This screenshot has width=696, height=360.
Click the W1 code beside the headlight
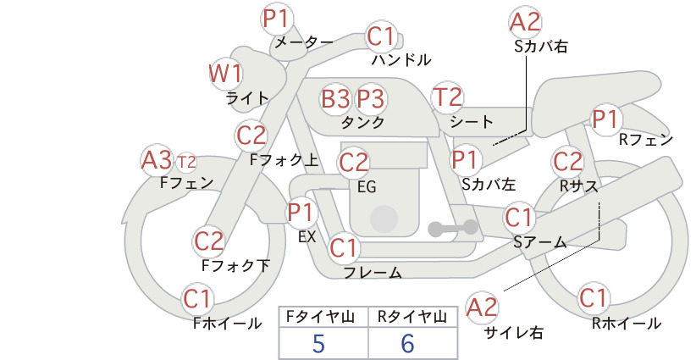226,74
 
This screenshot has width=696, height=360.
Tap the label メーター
304,42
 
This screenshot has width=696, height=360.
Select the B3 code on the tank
335,98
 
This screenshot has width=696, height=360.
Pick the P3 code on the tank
371,98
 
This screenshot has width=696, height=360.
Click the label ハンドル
401,59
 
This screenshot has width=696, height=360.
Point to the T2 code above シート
447,97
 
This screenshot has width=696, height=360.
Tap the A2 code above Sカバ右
525,22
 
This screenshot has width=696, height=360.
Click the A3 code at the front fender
157,160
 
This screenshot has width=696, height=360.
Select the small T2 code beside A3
186,163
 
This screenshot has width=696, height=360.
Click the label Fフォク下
235,265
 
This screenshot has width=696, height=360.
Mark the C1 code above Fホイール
196,298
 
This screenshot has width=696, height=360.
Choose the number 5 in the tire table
318,344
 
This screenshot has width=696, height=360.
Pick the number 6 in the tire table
407,344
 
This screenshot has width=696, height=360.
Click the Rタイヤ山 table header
412,317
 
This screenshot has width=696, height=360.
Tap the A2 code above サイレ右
482,308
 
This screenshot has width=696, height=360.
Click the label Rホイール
627,324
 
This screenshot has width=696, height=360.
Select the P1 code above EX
301,213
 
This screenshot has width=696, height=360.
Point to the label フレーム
373,273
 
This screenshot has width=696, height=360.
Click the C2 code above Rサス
567,161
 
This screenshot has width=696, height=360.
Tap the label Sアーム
540,242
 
